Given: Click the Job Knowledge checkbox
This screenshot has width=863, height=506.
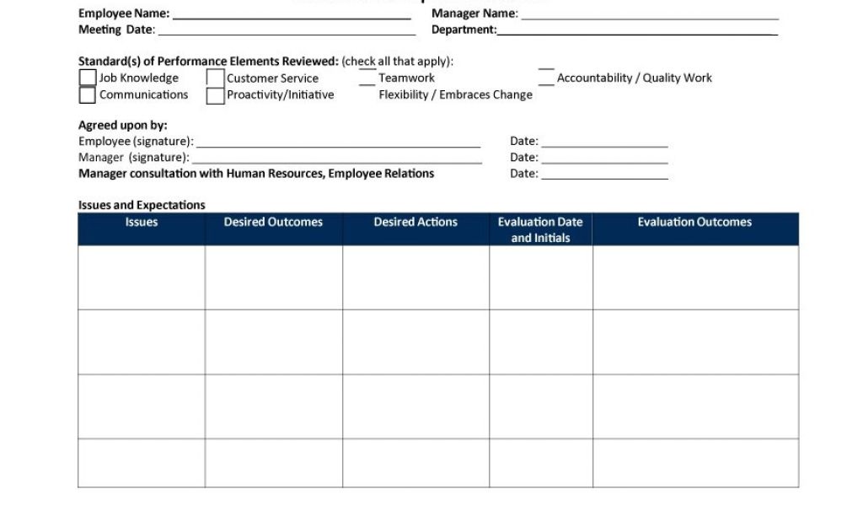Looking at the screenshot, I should (88, 78).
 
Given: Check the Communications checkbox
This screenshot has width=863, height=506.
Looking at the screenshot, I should (88, 94).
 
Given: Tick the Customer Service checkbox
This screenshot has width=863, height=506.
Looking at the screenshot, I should (215, 78).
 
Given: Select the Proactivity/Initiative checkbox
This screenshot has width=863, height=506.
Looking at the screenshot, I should (215, 95).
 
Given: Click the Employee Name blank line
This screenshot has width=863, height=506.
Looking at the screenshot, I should (292, 15).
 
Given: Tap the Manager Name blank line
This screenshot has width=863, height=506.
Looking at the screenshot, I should (649, 15).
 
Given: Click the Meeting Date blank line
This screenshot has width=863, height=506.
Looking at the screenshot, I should (287, 32).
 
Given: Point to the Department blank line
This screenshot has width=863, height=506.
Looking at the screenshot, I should (637, 32).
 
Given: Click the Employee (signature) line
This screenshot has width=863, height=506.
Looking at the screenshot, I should (338, 143).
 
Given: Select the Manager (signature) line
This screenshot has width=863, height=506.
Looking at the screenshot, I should (336, 159).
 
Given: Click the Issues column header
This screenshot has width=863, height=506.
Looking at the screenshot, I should (142, 223).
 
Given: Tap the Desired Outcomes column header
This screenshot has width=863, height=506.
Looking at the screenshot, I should (273, 223).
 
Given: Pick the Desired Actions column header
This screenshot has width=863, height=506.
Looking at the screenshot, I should (415, 223).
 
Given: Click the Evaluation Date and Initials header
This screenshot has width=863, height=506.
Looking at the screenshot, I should (540, 229).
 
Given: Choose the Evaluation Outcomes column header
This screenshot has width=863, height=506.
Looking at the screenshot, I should (694, 223).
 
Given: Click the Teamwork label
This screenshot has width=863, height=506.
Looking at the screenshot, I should (406, 78).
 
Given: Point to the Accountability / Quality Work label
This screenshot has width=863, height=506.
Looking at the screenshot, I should (634, 78).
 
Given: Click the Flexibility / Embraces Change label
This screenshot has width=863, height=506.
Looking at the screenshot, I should (455, 94).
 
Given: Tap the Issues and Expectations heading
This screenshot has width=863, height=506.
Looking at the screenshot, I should (142, 205).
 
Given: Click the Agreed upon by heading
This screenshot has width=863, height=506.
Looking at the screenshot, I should (123, 126).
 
